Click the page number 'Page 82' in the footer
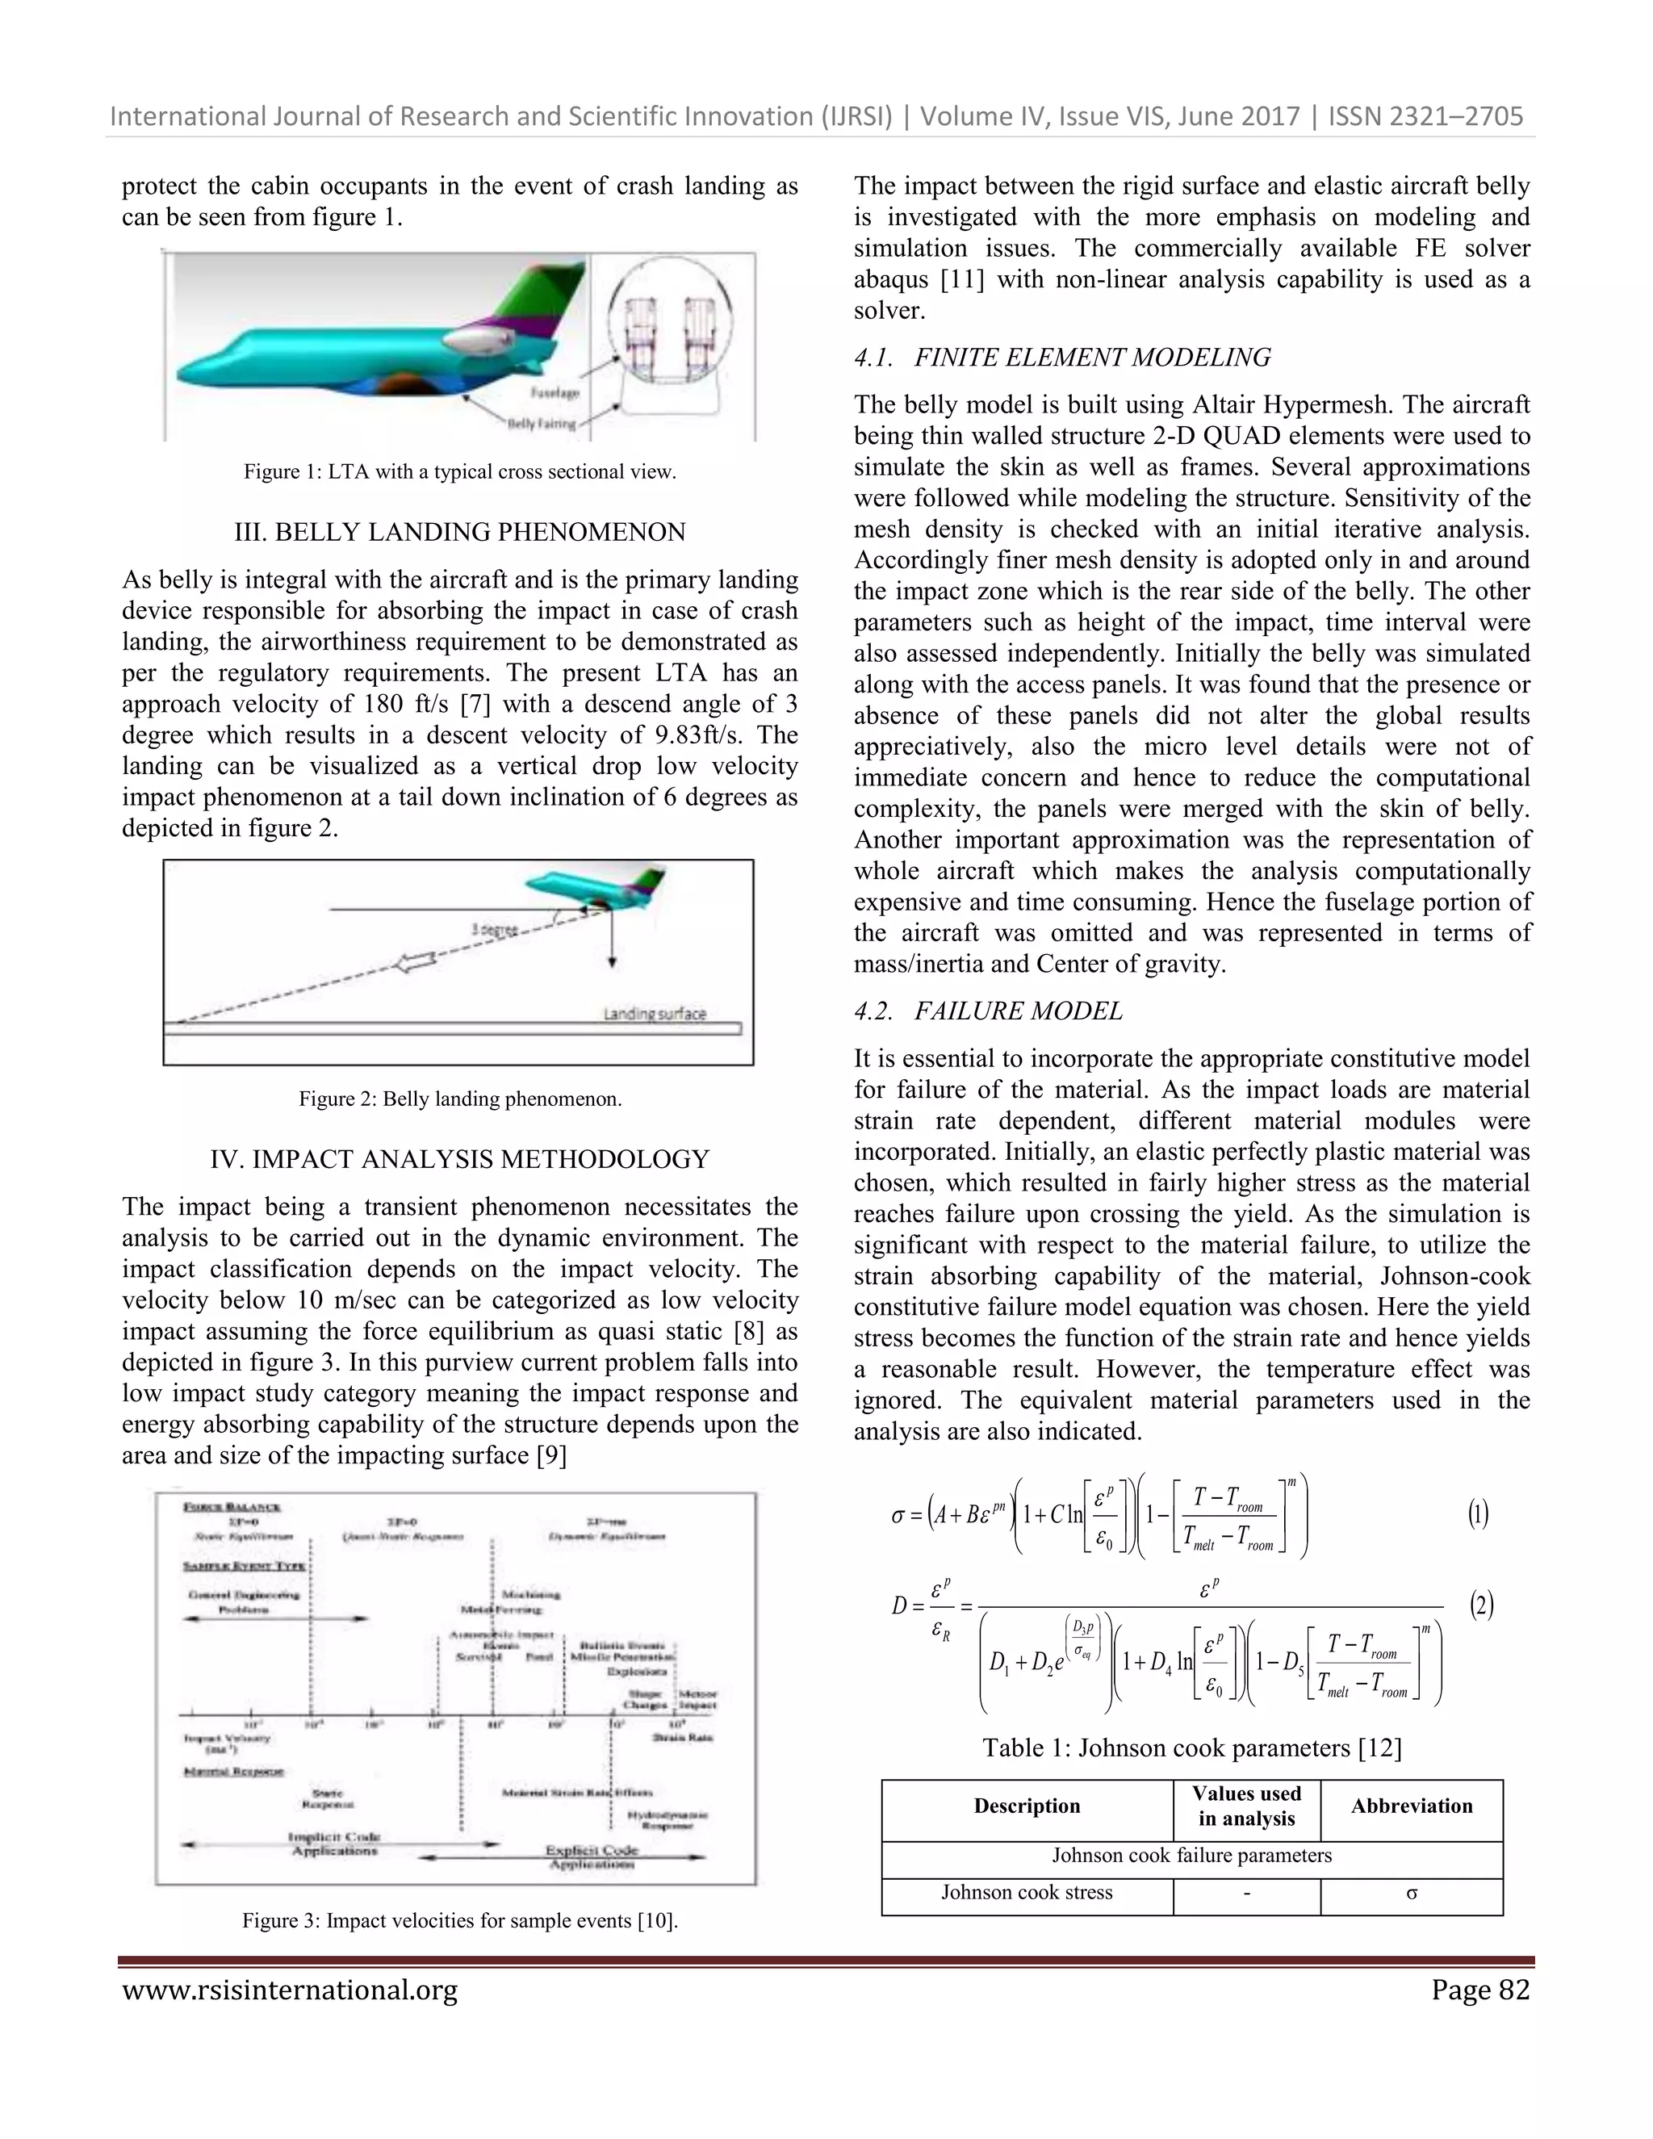(1479, 1990)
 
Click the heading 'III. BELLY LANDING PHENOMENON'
(459, 532)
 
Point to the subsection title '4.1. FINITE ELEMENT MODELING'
(1062, 358)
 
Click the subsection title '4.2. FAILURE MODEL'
(988, 1011)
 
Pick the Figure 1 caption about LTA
(459, 471)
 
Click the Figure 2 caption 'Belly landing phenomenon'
(459, 1098)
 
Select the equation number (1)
(1478, 1515)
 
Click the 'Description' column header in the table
(1027, 1806)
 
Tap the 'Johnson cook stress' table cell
(1027, 1892)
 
